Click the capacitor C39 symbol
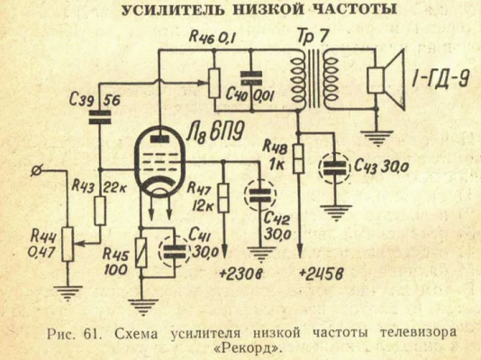tap(108, 113)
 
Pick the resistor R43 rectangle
tap(100, 212)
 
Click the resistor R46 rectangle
tap(214, 80)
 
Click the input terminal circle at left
tap(37, 170)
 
